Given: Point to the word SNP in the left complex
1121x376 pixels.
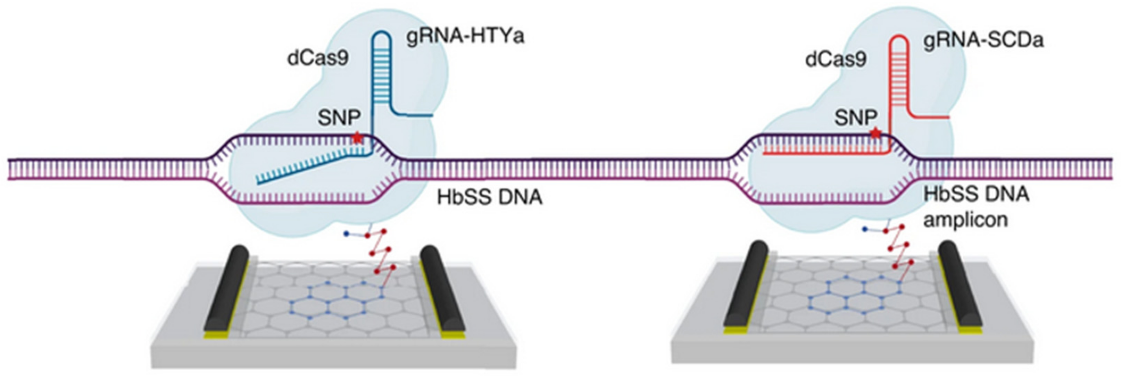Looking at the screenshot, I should pos(339,118).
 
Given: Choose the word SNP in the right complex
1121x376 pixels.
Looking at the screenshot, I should pos(856,117).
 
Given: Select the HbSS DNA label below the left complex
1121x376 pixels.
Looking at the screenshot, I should pos(489,197).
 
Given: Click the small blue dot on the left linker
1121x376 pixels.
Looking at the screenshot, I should pos(346,234).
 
